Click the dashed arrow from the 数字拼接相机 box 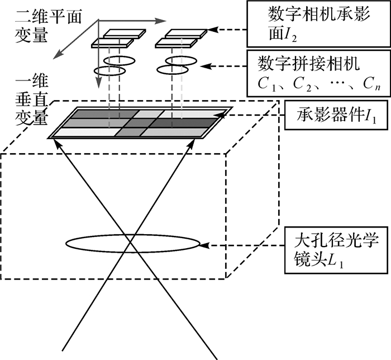tap(223, 66)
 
